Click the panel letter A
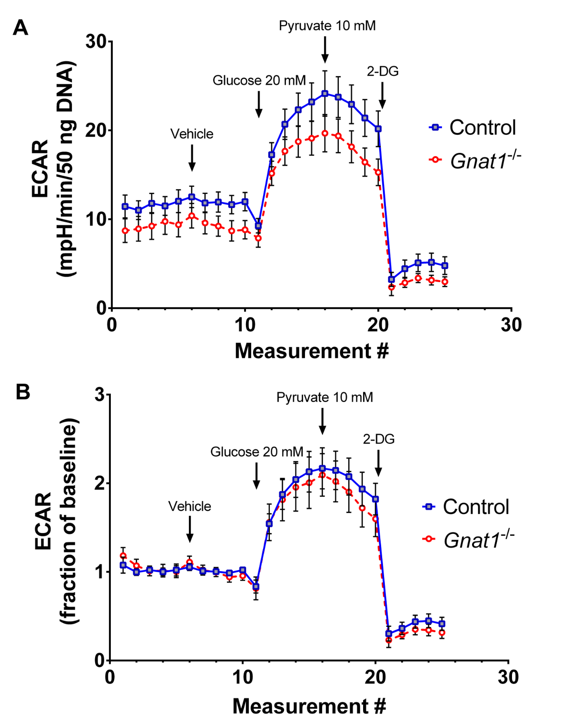pos(20,28)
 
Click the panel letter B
pos(23,392)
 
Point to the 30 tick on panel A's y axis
pos(96,42)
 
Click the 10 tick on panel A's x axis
pos(245,325)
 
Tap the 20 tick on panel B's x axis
pos(375,677)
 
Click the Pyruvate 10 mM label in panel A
pos(327,26)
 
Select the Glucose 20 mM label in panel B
pos(256,452)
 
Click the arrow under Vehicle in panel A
pos(192,158)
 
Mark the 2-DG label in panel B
pos(379,439)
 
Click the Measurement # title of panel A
pos(312,351)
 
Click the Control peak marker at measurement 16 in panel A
pos(325,93)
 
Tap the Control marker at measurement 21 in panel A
pos(391,280)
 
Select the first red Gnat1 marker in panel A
pos(125,231)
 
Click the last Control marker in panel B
pos(442,623)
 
